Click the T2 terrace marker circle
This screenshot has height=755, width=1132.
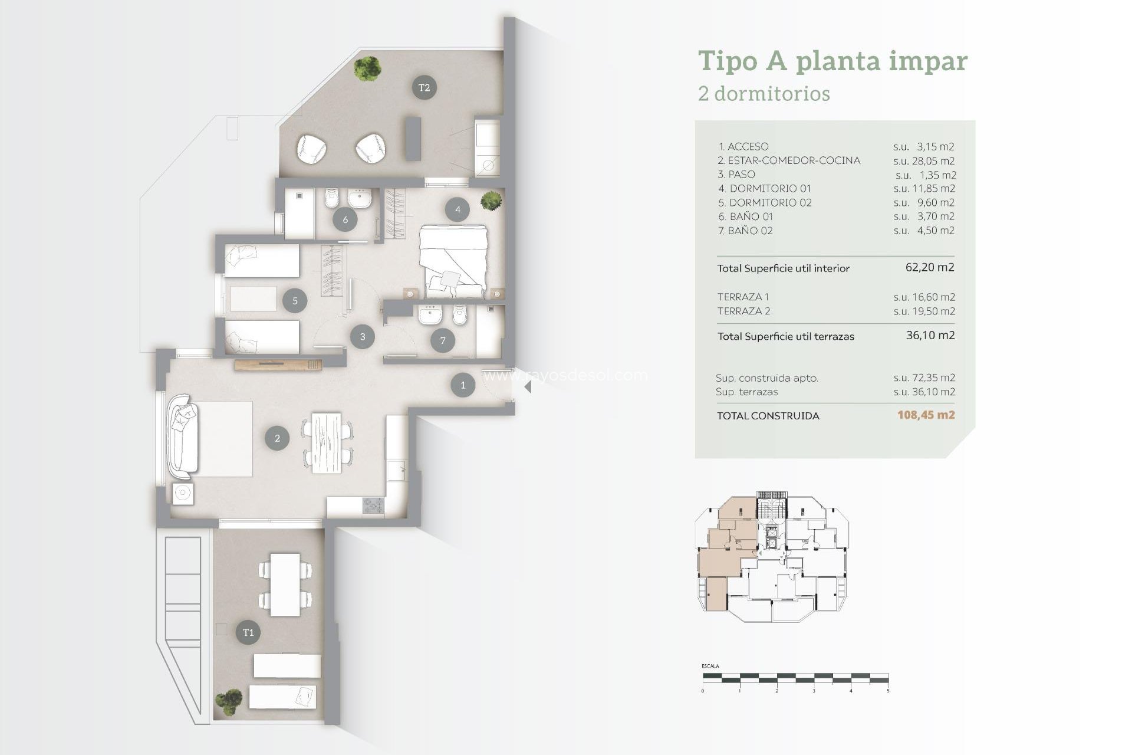coord(424,87)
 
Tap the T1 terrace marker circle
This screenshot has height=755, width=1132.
coord(248,632)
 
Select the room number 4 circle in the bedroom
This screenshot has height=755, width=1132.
coord(458,209)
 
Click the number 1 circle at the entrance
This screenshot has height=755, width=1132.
coord(463,385)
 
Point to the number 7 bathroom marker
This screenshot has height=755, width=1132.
coord(443,340)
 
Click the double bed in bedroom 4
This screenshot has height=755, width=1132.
coord(453,261)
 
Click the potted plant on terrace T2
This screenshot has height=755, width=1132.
coord(367,68)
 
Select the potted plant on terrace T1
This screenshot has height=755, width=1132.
coord(228,702)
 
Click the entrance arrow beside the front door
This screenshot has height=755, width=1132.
coord(528,387)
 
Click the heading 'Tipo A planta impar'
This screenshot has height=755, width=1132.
coord(832,61)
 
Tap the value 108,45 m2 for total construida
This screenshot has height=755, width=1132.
coord(926,415)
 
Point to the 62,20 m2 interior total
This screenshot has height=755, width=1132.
coord(929,267)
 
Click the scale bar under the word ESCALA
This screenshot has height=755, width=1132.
coord(795,678)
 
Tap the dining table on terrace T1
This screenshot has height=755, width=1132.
coord(285,584)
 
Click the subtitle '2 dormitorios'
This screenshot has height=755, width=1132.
coord(764,94)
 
